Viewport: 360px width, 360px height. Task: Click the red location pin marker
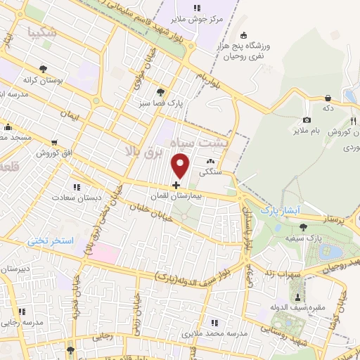click(181, 166)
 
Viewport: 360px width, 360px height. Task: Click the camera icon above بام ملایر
click(307, 120)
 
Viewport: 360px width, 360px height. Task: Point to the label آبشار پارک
click(280, 210)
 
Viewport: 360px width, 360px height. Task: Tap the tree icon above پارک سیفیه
click(303, 226)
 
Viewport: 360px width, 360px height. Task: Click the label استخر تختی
click(50, 240)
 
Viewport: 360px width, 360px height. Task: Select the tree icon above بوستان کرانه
click(44, 69)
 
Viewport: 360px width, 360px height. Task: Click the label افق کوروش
click(56, 153)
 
